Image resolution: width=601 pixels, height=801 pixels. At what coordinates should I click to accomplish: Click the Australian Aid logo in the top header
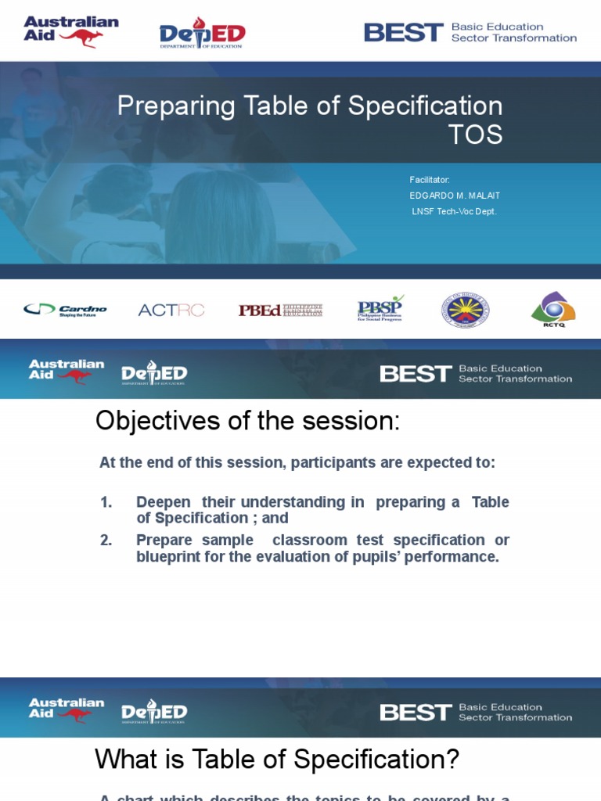70,31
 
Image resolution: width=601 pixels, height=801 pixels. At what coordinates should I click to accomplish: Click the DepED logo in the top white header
202,34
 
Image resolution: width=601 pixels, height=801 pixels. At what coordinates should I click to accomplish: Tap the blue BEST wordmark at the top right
404,33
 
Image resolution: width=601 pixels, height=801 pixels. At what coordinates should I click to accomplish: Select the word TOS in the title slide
475,135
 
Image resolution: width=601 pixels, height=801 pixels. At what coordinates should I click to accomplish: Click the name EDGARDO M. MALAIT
455,196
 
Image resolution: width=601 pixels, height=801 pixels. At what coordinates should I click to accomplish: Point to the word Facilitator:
430,180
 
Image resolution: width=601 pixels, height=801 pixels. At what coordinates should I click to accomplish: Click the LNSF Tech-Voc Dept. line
454,211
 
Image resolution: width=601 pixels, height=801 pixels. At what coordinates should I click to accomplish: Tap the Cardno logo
65,310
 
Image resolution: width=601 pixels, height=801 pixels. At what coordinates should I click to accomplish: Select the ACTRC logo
171,310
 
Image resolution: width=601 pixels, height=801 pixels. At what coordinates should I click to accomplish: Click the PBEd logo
280,310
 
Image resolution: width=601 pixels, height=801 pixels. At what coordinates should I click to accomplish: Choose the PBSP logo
380,308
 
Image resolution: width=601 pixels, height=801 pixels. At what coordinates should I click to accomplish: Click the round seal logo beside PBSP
465,310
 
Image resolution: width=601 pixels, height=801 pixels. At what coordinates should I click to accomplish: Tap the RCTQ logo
553,309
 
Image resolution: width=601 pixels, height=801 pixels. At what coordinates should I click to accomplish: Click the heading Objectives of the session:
247,421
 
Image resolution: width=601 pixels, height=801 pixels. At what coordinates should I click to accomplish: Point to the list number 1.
106,502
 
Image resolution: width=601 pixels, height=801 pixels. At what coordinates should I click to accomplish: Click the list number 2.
106,540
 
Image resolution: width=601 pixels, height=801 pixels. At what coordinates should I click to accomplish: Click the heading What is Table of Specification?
277,759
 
